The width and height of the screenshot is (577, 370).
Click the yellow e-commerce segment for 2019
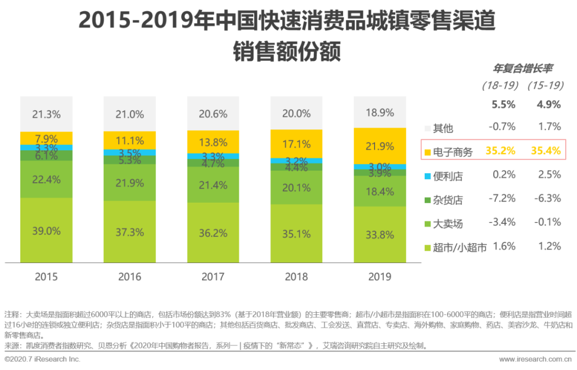[379, 146]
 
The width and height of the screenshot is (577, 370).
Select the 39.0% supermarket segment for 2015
[46, 231]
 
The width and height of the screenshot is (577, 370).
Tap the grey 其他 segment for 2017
[213, 113]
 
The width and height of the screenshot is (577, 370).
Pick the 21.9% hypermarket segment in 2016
[129, 183]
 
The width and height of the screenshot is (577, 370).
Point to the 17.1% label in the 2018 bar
[296, 144]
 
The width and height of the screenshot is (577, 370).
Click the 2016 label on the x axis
[129, 276]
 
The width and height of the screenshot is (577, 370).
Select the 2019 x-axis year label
[379, 276]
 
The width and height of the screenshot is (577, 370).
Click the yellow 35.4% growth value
[545, 151]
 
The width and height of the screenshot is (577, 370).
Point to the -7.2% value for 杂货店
[502, 198]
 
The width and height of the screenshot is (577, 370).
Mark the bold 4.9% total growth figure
[548, 104]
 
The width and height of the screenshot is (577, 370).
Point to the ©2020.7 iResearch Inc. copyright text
[42, 359]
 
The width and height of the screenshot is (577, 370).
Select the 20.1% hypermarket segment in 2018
[296, 187]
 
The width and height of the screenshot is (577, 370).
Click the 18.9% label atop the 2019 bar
[379, 112]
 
